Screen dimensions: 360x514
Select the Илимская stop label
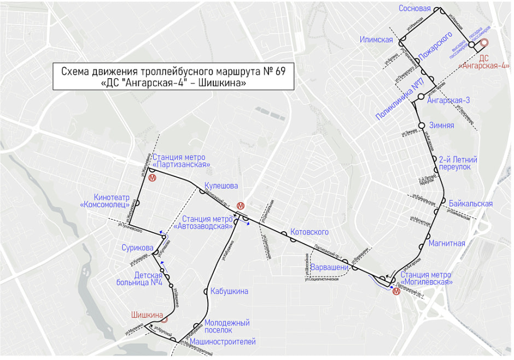point(377,40)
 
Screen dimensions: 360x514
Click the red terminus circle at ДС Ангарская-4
point(483,43)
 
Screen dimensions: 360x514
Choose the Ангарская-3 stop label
point(448,101)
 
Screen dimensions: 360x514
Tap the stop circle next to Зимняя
point(421,125)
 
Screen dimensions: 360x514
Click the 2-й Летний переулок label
point(458,163)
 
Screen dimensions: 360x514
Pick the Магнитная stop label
point(447,243)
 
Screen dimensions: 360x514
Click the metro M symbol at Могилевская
point(396,291)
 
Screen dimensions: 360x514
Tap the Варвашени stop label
point(329,268)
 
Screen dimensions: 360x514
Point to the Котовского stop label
point(309,232)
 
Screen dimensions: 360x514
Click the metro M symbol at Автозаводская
point(240,206)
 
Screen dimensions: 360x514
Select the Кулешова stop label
point(221,186)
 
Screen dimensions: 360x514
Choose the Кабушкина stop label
point(229,291)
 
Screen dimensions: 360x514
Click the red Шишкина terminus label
point(147,315)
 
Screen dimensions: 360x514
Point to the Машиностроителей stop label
point(223,342)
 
